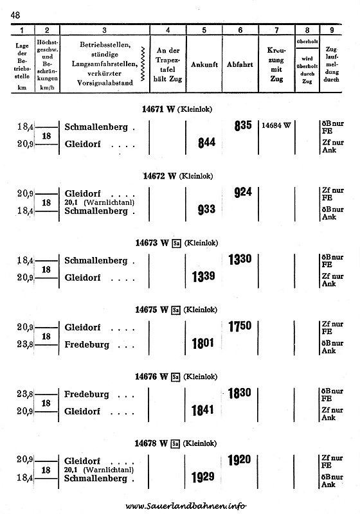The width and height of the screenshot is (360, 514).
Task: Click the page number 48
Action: coord(15,15)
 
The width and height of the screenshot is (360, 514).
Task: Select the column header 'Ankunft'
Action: coord(204,65)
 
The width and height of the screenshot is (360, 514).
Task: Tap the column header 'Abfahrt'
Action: coord(240,65)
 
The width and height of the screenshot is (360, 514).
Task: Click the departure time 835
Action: coord(243,125)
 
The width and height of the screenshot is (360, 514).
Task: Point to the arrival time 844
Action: coord(206,143)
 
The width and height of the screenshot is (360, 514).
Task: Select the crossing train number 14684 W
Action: coord(276,125)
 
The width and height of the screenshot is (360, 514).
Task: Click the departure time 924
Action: coord(243,192)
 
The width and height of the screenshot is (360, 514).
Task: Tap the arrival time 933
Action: coord(206,209)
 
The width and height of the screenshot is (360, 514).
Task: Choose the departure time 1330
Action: coord(240,260)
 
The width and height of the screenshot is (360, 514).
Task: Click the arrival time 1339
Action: coord(204,277)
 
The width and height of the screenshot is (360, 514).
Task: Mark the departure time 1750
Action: coord(240,326)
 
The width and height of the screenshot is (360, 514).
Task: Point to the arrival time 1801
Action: coord(203,344)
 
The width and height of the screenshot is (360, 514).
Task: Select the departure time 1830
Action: coord(240,393)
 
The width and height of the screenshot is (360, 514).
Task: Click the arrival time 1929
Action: coord(203,477)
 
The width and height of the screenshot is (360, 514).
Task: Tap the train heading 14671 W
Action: coord(158,109)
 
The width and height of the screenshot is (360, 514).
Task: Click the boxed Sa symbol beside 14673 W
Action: coord(176,244)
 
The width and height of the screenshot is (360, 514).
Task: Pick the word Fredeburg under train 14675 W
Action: coord(87,344)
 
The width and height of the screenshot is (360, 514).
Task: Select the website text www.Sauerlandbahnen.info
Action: coord(186,506)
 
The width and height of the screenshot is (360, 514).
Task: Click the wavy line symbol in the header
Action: coord(143,64)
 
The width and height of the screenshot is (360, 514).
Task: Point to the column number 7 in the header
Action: coord(276,30)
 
